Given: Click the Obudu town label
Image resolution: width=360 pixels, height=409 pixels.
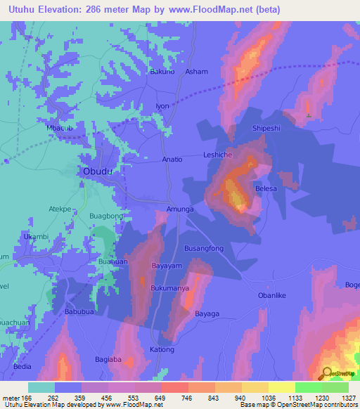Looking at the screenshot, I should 98,171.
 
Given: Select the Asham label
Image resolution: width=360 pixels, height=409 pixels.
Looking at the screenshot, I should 196,72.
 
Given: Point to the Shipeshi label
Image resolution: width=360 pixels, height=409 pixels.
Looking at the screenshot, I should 267,128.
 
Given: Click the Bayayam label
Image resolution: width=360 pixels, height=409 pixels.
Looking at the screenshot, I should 167,266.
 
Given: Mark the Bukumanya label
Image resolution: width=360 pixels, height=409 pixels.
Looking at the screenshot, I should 169,289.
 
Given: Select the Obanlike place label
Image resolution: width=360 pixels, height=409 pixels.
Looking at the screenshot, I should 273,296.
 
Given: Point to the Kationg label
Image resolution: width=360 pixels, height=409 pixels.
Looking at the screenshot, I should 162,349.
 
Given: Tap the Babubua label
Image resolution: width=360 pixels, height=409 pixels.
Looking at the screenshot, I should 79,311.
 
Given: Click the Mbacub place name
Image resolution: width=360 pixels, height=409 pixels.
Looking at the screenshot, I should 60,128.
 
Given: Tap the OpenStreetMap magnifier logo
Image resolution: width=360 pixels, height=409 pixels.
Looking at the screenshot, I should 326,373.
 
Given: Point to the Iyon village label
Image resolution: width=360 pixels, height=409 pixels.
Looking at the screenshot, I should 162,106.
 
